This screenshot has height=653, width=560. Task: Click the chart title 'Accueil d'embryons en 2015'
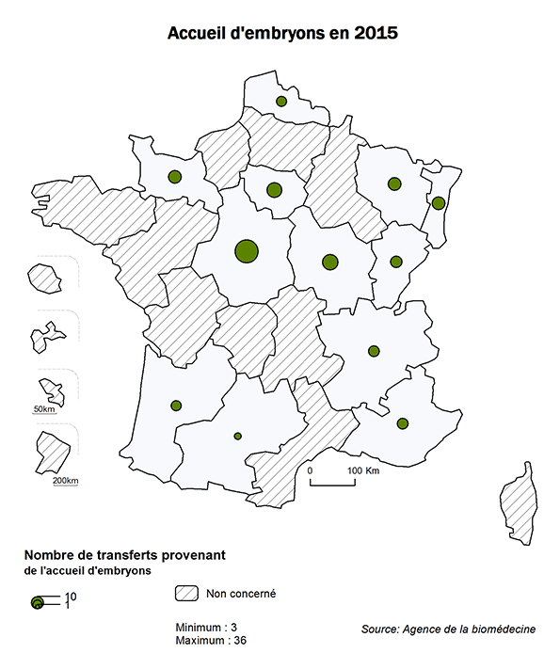[x=280, y=34]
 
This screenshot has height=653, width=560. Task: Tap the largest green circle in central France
[x=246, y=250]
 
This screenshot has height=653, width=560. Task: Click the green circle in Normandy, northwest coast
[x=174, y=176]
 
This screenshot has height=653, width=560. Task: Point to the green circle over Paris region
[x=274, y=190]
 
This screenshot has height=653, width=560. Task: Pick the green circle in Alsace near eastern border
[x=439, y=202]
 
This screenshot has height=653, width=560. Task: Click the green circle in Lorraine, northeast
[x=395, y=183]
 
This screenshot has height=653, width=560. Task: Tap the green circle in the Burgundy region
[x=329, y=262]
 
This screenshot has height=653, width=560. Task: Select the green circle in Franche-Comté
[x=396, y=262]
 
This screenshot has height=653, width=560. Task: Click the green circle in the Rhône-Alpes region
[x=374, y=351]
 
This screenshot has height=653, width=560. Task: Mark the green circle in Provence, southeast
[x=403, y=423]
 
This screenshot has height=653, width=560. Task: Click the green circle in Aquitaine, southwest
[x=176, y=406]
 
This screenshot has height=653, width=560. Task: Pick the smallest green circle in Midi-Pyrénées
[x=237, y=436]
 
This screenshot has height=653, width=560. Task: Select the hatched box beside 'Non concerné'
[x=187, y=594]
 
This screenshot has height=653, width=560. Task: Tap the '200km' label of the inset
[x=66, y=481]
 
